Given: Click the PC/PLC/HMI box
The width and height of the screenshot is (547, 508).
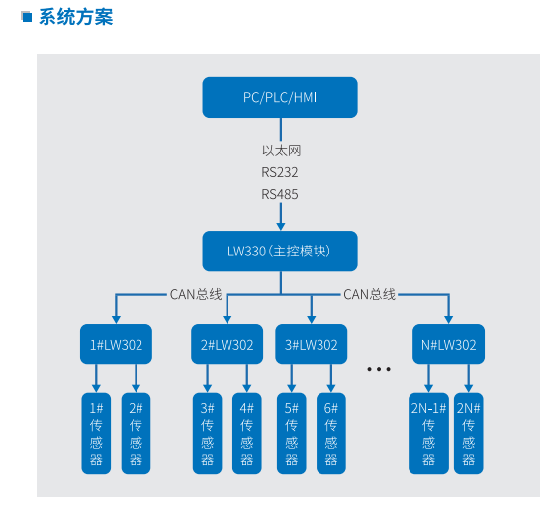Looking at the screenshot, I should pyautogui.click(x=280, y=96).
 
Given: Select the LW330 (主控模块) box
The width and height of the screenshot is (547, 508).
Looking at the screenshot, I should pyautogui.click(x=280, y=252).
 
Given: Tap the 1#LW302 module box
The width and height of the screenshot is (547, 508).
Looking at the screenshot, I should pyautogui.click(x=116, y=345).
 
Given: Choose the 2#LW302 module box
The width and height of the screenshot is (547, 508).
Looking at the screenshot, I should pyautogui.click(x=228, y=345).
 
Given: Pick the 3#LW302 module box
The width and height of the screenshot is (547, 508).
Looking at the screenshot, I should pyautogui.click(x=312, y=345).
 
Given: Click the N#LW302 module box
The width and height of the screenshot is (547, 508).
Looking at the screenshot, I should pyautogui.click(x=449, y=345).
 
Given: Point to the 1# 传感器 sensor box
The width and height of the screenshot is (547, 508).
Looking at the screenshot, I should pyautogui.click(x=96, y=434).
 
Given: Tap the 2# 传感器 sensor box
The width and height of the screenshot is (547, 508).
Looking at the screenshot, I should pyautogui.click(x=137, y=434).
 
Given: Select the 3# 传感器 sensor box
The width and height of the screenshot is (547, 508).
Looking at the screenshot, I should pyautogui.click(x=208, y=434).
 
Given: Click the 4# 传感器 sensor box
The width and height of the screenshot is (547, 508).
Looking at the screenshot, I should pyautogui.click(x=247, y=434).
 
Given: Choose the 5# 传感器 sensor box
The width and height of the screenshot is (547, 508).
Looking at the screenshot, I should pyautogui.click(x=292, y=434).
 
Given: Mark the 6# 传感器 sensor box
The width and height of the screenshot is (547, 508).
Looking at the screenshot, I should pyautogui.click(x=331, y=434).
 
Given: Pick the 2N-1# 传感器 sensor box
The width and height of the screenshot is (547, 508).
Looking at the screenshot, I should pyautogui.click(x=428, y=434).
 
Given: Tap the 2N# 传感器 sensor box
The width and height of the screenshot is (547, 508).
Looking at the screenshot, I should pyautogui.click(x=469, y=434).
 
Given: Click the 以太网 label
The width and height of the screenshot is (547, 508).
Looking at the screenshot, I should pyautogui.click(x=280, y=151).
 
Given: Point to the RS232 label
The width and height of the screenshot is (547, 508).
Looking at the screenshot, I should pyautogui.click(x=280, y=172).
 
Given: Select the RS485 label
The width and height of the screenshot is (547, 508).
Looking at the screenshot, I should pyautogui.click(x=280, y=194).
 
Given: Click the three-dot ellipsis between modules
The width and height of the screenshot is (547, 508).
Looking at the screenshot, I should pyautogui.click(x=380, y=369).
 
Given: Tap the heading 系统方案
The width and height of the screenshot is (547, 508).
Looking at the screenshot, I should pyautogui.click(x=75, y=17).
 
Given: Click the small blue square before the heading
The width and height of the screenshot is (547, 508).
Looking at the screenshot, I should pyautogui.click(x=28, y=16).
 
